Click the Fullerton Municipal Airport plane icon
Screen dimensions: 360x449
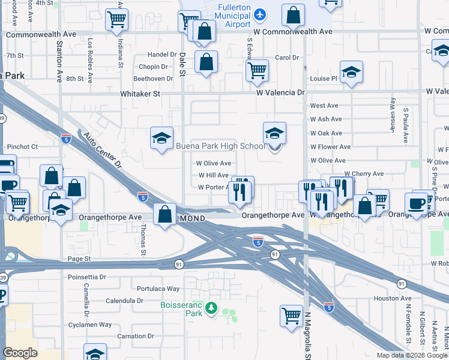tap(259, 14)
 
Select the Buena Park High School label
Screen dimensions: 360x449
tap(220, 146)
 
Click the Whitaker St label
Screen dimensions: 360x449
tap(140, 94)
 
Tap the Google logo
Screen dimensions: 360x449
tap(20, 353)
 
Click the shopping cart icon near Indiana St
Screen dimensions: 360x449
tap(116, 20)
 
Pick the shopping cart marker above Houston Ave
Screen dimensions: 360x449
tap(291, 314)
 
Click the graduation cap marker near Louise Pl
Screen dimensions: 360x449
tap(351, 73)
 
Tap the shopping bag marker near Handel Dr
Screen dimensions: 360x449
tap(206, 62)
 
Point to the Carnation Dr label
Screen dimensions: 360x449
tap(135, 336)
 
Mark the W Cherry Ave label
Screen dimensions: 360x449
tap(363, 174)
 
